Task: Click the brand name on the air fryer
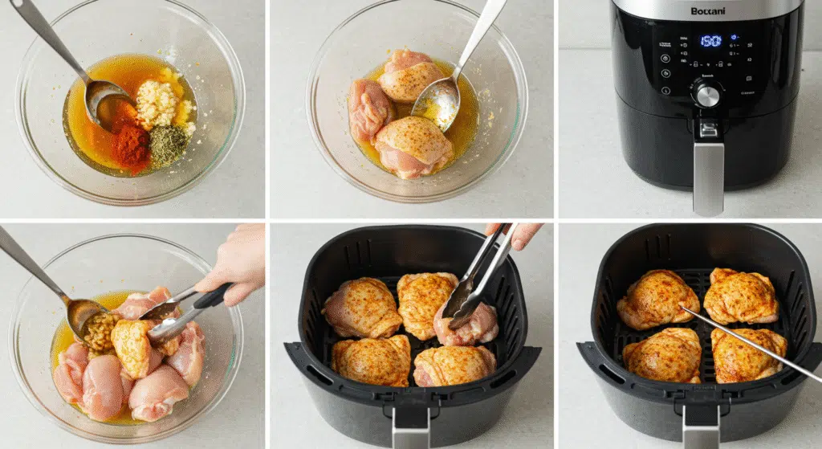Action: click(x=707, y=11)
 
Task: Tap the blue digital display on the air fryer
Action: click(x=710, y=40)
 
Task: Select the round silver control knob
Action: click(x=707, y=95)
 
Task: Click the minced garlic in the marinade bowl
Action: click(x=157, y=103)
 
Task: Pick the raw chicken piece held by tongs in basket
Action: click(x=470, y=323)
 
